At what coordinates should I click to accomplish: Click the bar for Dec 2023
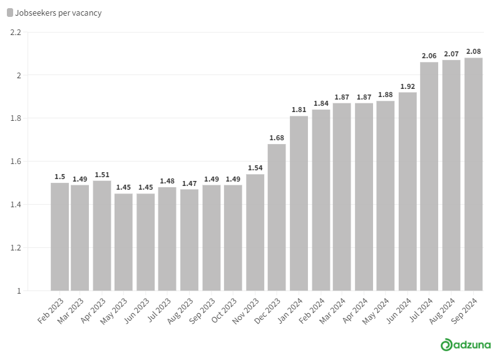277,217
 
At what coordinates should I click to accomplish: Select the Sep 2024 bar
474,174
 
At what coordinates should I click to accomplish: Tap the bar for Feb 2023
59,237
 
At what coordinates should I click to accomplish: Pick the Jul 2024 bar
429,177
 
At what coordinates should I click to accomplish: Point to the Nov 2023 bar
255,232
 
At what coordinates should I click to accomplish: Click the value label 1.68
277,138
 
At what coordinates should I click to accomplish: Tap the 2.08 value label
474,51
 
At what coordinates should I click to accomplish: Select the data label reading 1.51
102,175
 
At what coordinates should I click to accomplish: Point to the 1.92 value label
407,86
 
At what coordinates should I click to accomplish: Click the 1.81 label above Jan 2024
299,110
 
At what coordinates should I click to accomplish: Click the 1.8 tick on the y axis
16,118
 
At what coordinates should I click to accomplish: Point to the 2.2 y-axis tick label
16,33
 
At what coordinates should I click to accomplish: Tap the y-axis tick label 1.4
16,204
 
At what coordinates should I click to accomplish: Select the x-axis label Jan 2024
290,311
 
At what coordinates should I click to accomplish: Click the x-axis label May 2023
113,311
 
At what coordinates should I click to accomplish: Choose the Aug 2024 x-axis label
442,311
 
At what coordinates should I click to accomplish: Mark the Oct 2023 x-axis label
224,311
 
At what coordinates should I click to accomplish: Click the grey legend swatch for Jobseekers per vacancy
10,13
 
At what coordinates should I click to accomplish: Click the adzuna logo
466,344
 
